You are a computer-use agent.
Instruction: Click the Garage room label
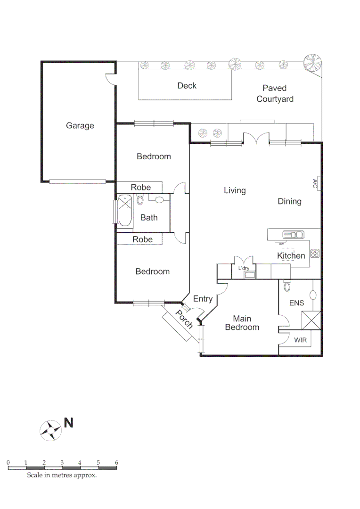[x=80, y=126]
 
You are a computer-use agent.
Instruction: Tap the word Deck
[x=187, y=86]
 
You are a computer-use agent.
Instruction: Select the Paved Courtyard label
[x=275, y=93]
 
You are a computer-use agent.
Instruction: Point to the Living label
[x=235, y=190]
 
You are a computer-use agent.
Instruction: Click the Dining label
[x=289, y=201]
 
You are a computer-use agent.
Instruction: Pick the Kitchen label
[x=291, y=256]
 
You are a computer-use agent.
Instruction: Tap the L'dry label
[x=244, y=268]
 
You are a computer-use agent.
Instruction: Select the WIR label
[x=301, y=340]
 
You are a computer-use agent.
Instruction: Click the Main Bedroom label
[x=242, y=323]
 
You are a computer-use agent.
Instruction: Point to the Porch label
[x=184, y=320]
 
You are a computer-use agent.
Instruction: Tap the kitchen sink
[x=293, y=234]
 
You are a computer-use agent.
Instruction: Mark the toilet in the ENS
[x=287, y=287]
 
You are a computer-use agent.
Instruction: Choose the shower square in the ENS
[x=311, y=320]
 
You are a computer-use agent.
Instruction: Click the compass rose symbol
[x=50, y=430]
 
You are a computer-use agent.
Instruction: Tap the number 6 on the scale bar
[x=116, y=463]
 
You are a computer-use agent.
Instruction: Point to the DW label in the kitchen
[x=281, y=244]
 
